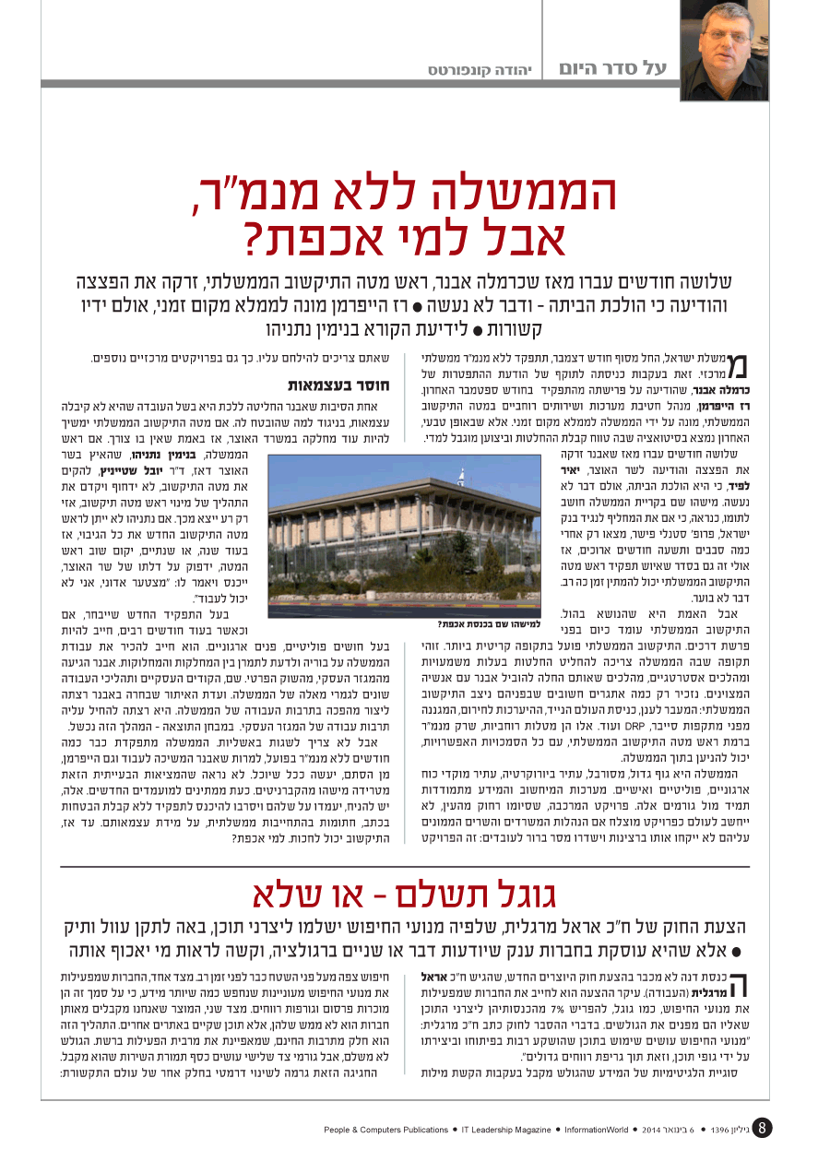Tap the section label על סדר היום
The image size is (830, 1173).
(x=612, y=68)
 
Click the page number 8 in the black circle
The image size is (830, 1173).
(x=762, y=1128)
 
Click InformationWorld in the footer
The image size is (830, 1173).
(x=597, y=1130)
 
